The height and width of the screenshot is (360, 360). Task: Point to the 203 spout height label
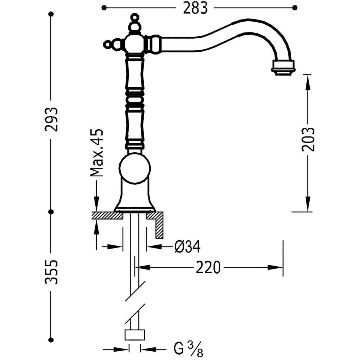tap(308, 139)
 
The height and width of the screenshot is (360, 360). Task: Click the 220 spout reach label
tap(208, 267)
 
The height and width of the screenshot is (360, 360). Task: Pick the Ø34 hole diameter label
tap(187, 247)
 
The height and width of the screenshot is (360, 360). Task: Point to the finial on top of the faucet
tap(134, 22)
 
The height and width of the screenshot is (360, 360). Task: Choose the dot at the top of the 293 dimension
tap(51, 14)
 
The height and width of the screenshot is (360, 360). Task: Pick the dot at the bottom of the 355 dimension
tap(51, 339)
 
